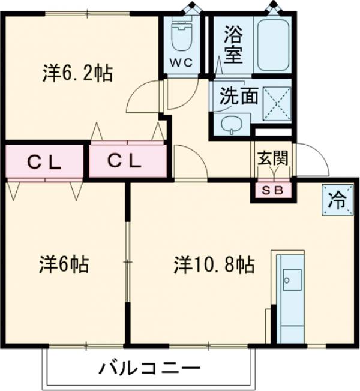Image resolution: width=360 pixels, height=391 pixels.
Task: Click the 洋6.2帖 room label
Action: click(77, 74)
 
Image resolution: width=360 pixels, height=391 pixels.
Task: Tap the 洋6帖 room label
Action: click(65, 264)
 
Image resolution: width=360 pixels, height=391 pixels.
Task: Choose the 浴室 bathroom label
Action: click(233, 44)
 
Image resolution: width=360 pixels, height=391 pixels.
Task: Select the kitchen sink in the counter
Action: click(293, 279)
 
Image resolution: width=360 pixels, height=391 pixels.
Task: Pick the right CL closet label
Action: click(125, 161)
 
